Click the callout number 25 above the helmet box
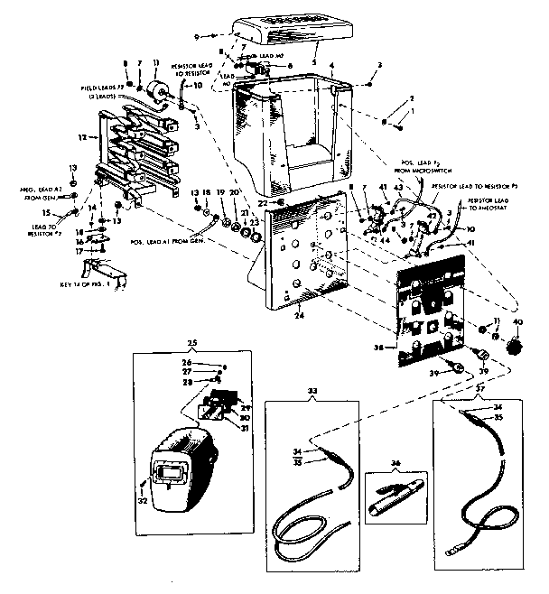(x=191, y=345)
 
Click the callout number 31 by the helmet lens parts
(x=244, y=428)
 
